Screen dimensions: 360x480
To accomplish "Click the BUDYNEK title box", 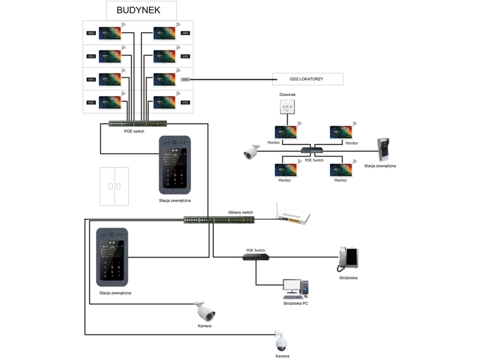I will [142, 11].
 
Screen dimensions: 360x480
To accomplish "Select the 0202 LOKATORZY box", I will [307, 79].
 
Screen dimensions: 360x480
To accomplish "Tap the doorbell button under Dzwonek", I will [287, 107].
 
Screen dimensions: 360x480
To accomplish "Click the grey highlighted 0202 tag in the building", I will [185, 79].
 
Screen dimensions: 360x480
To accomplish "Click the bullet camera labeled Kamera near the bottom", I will [204, 311].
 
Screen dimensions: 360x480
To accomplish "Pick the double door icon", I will [114, 187].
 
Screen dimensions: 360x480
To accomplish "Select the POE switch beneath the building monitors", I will [139, 124].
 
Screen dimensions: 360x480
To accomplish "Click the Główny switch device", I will [219, 220].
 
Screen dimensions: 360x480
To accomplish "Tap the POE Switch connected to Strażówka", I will [256, 257].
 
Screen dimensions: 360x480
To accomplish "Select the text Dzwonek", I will [287, 94].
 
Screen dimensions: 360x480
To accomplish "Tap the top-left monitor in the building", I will [110, 33].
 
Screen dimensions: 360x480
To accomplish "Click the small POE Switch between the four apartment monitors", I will [313, 150].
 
